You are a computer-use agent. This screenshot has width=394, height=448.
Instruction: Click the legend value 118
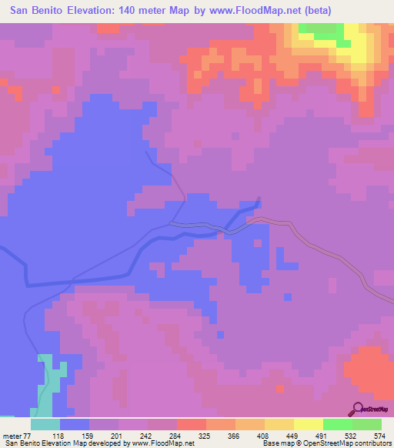(x=57, y=436)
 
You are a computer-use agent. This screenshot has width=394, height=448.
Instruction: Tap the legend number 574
(x=379, y=436)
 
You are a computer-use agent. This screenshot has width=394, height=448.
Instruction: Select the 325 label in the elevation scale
(x=204, y=436)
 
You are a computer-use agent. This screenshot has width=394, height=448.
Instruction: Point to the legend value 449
(x=292, y=436)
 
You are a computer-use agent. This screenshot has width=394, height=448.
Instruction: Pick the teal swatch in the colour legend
(x=45, y=424)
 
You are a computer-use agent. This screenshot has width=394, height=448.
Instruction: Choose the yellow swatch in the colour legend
(x=309, y=424)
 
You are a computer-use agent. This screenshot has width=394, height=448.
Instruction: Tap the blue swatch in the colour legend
(x=75, y=424)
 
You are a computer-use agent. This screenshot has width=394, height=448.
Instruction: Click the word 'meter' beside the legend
(x=12, y=436)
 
